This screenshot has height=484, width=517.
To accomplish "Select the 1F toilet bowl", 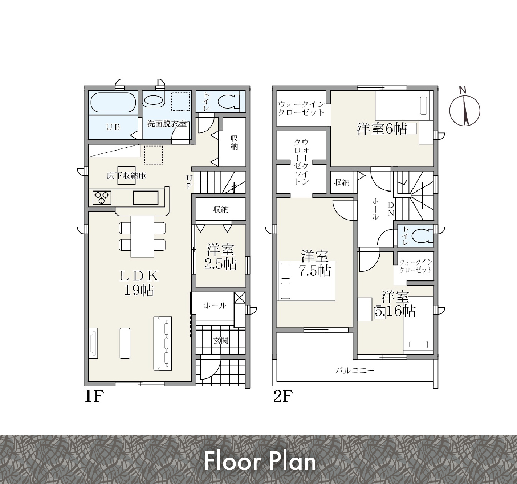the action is (x=229, y=102).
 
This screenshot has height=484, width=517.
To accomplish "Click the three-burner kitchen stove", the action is (x=102, y=198).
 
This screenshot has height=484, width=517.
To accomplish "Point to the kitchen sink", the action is (x=146, y=198).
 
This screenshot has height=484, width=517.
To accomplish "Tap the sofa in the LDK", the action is (x=163, y=343).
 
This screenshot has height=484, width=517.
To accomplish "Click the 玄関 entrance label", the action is (x=221, y=340).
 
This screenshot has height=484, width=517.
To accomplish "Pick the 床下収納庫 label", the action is (x=126, y=176).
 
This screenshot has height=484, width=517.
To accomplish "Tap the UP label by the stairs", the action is (x=189, y=182).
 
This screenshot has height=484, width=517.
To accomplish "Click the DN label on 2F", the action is (x=391, y=209).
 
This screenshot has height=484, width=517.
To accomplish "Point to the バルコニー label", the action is (x=355, y=370).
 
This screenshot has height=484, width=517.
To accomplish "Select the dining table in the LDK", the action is (x=142, y=237).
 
